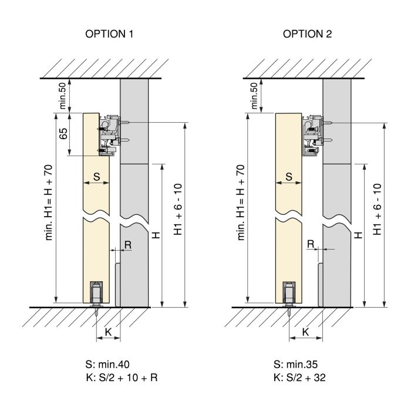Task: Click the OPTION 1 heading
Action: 110,34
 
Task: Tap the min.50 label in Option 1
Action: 62,95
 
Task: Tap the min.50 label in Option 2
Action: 254,95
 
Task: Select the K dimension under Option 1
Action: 107,332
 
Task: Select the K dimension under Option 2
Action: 305,332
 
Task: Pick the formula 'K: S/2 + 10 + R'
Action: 120,378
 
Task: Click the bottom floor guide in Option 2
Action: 289,295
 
